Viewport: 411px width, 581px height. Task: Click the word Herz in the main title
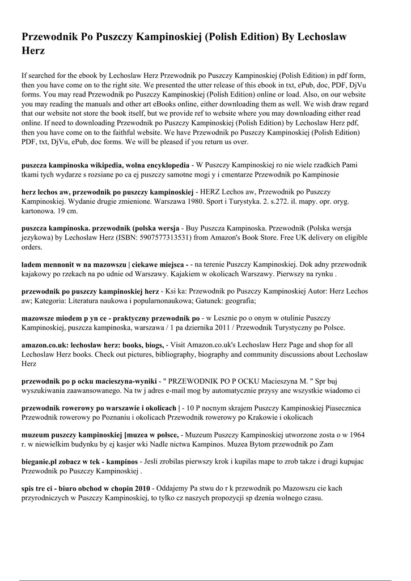[x=33, y=50]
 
